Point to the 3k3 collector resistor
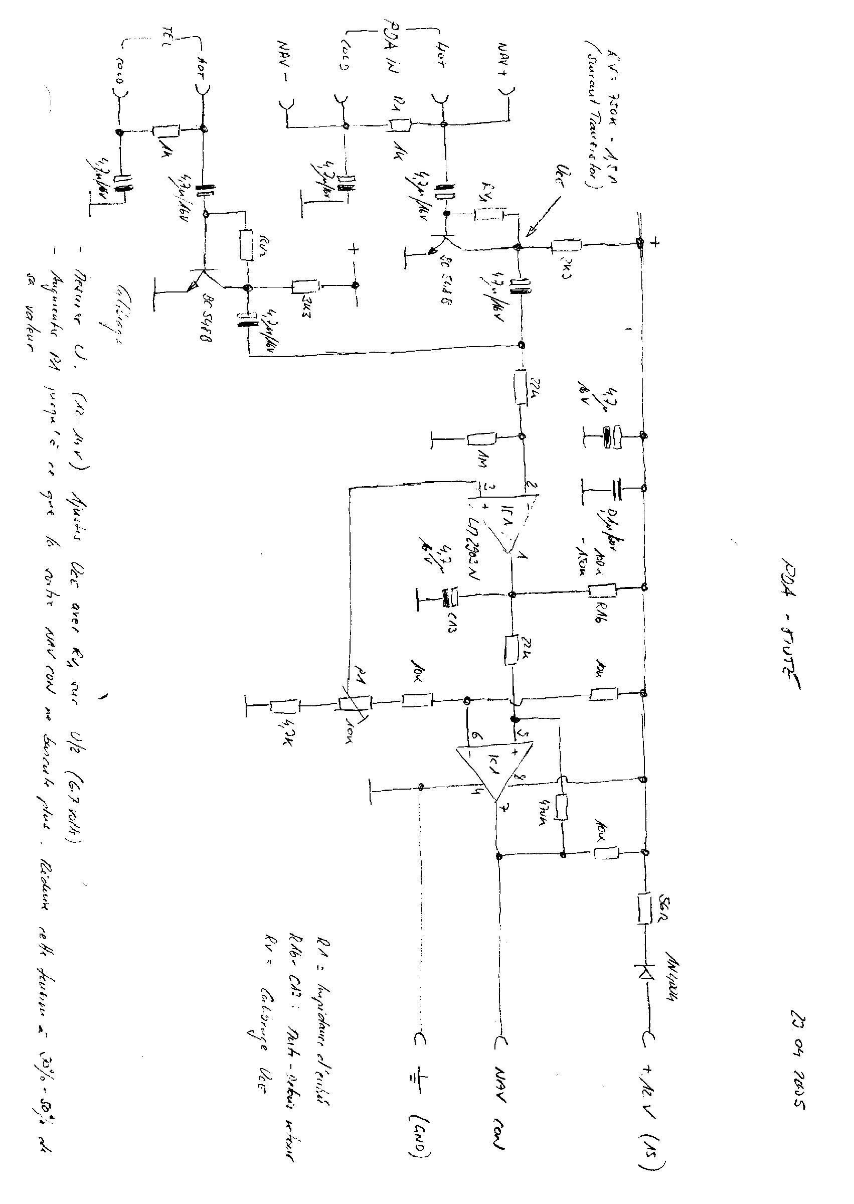click(x=305, y=286)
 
